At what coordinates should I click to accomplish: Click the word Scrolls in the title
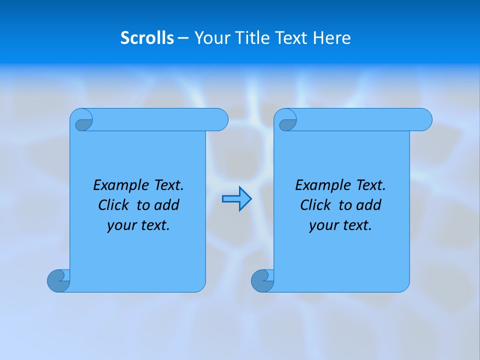point(147,38)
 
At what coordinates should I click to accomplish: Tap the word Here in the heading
point(332,38)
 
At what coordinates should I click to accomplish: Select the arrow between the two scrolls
point(236,199)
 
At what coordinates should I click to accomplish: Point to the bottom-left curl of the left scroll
point(58,280)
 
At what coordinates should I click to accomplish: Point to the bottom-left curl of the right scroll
point(262,280)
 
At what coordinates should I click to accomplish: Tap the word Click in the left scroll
point(109,205)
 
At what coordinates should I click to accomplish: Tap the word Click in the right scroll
point(311,205)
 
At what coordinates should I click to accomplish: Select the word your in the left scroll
point(120,225)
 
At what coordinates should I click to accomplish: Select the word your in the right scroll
point(322,225)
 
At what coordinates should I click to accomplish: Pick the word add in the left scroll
point(167,205)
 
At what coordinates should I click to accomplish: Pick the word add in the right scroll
point(369,205)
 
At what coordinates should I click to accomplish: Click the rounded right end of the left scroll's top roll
point(219,120)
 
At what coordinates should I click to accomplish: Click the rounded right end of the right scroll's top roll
point(423,120)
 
